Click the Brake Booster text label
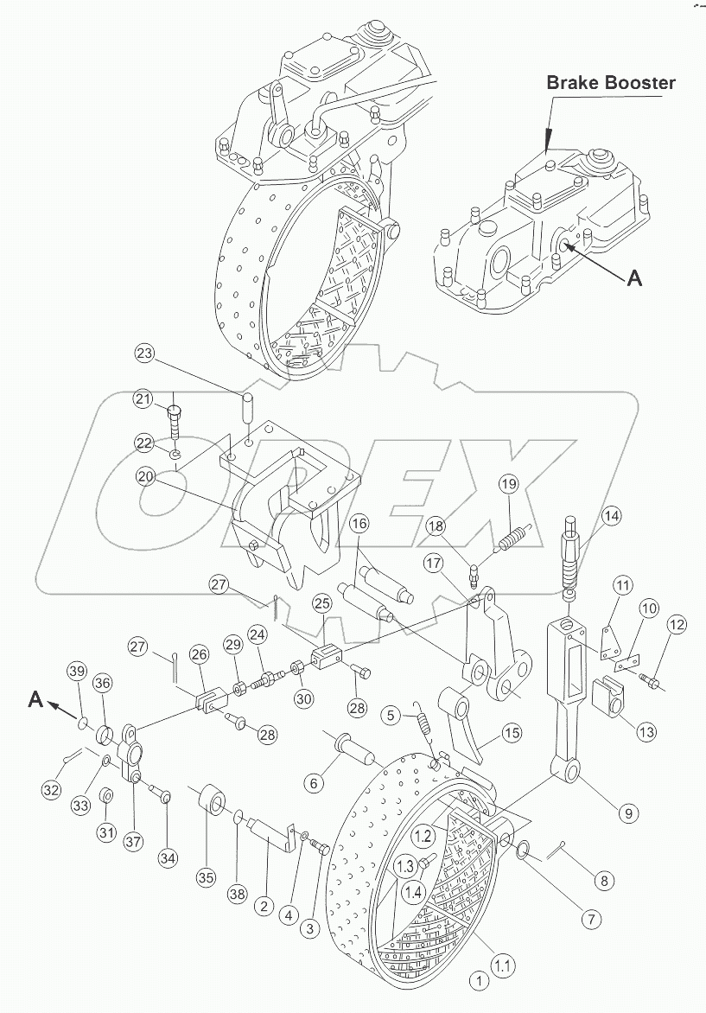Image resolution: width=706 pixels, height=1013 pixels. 610,82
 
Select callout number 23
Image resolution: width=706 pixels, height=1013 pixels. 146,354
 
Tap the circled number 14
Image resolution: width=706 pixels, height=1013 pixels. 612,516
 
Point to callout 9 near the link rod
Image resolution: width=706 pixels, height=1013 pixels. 628,812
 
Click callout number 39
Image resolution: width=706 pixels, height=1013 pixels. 78,672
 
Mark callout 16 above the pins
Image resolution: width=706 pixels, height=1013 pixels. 359,523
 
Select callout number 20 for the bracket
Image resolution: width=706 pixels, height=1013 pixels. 146,476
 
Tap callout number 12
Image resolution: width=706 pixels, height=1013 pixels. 677,625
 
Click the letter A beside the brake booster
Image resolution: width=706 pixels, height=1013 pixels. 635,277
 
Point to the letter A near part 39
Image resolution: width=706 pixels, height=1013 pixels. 35,699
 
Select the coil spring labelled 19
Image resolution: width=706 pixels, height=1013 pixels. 515,537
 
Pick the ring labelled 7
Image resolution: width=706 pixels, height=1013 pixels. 523,849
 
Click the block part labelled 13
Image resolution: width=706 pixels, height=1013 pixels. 608,696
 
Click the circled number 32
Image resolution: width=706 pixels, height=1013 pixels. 53,789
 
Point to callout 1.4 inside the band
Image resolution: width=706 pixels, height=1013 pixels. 413,893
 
